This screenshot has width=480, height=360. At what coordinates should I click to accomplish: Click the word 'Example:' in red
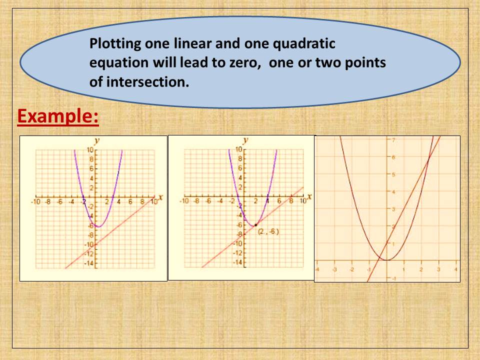58,117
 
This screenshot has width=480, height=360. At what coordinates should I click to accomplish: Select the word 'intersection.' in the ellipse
139,81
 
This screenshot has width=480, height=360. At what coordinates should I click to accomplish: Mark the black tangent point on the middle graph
256,225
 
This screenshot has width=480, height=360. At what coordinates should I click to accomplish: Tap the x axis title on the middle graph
309,196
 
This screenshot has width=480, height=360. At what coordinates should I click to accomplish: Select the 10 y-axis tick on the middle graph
238,149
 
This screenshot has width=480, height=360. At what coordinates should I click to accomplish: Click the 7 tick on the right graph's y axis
393,140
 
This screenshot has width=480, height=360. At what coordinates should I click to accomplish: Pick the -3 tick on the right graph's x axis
334,269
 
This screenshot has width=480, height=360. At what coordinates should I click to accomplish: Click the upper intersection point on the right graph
429,159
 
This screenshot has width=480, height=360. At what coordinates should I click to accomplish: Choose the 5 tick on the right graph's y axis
393,174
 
